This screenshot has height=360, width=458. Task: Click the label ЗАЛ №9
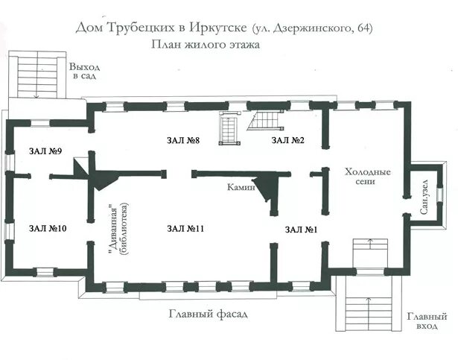tap(45, 151)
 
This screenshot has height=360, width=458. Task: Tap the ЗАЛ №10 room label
tap(48, 228)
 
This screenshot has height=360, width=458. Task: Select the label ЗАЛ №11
tap(185, 228)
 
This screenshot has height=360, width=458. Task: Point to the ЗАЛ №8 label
tap(183, 140)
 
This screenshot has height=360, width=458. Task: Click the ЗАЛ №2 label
tap(287, 140)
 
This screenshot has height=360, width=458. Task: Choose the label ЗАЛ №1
tap(301, 230)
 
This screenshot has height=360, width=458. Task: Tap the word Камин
tap(241, 187)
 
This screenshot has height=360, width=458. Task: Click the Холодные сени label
tap(367, 177)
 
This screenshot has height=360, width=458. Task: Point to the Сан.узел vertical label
tap(425, 197)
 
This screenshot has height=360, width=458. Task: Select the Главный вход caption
tap(427, 321)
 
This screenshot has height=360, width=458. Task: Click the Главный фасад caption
tap(209, 315)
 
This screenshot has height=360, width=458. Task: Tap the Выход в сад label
tap(84, 71)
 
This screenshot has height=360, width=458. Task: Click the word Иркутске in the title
tap(218, 28)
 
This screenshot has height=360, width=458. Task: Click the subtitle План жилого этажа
tap(206, 45)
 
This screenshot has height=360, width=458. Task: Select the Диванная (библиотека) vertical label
tap(118, 228)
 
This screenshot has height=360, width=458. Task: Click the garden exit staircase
tap(37, 75)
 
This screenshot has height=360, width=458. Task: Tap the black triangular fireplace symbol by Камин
tap(267, 187)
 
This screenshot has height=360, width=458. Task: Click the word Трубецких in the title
tap(142, 28)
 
